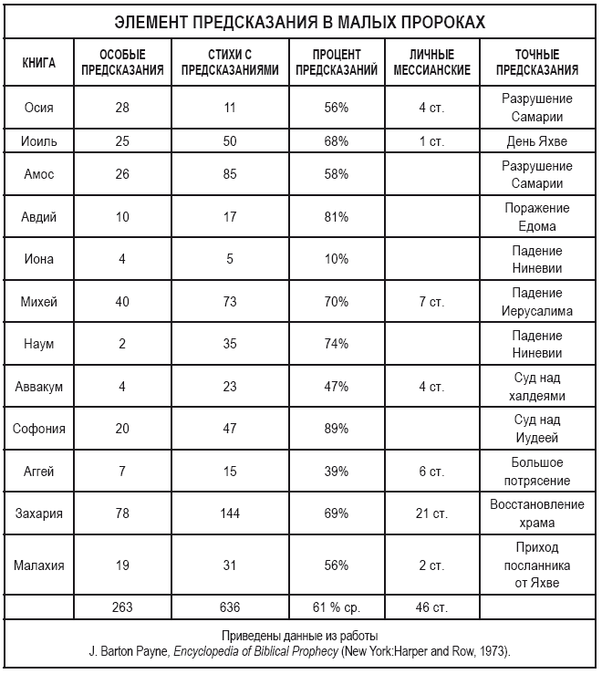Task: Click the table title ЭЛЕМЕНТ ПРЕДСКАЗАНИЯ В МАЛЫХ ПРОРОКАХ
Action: [x=299, y=22]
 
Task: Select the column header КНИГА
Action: [x=39, y=63]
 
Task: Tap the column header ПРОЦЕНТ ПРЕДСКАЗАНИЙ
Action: [x=336, y=63]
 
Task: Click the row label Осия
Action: [x=39, y=108]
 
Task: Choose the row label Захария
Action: [x=39, y=513]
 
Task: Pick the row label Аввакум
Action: [x=39, y=387]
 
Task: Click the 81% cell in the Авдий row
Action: [x=336, y=217]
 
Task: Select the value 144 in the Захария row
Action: [x=230, y=513]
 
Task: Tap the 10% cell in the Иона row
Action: [x=336, y=259]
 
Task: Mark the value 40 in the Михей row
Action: [x=122, y=302]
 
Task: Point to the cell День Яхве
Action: [x=537, y=141]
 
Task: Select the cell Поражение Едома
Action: [x=537, y=217]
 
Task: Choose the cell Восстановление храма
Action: [x=537, y=513]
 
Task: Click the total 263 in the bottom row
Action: [x=122, y=607]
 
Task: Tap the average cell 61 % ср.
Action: [x=336, y=607]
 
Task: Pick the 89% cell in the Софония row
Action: [x=336, y=429]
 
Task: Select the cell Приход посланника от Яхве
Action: [x=537, y=565]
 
